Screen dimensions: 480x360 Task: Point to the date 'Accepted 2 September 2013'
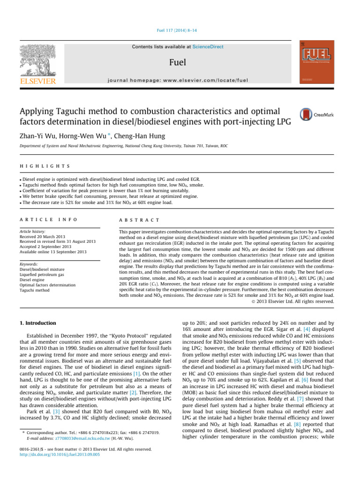(x=54, y=234)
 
